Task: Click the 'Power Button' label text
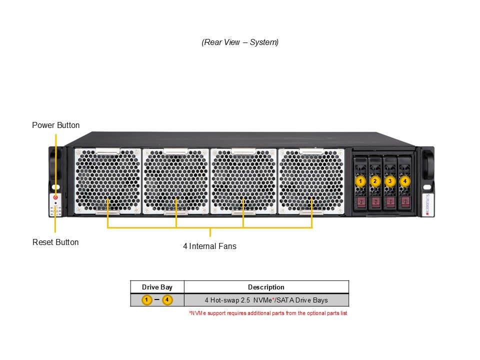(55, 125)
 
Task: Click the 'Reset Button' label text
(55, 242)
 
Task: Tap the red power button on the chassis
(55, 197)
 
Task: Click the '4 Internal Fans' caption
(209, 246)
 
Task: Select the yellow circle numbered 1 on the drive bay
(360, 180)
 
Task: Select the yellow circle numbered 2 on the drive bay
(375, 180)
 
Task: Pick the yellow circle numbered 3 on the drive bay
(390, 180)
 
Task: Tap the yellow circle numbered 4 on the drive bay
(405, 180)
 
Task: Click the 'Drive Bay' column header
(157, 287)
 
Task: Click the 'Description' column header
(266, 287)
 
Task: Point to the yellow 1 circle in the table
(146, 300)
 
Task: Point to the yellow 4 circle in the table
(167, 300)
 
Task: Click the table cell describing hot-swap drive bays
(266, 300)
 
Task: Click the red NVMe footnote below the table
(268, 313)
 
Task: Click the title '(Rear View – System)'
(240, 42)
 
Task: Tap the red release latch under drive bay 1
(360, 202)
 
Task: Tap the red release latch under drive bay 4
(405, 202)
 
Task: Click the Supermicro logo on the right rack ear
(427, 204)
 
